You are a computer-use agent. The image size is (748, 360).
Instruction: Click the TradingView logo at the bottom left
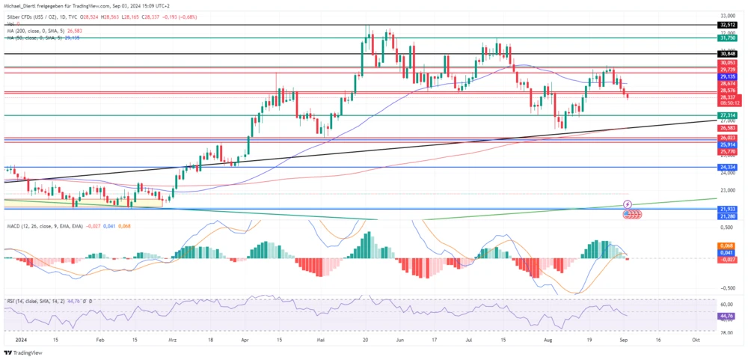[x=22, y=353]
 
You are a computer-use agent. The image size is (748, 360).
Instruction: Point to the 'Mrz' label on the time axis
[x=174, y=339]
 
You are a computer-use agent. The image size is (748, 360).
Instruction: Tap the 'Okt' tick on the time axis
[x=696, y=339]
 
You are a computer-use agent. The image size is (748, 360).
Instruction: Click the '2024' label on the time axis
[x=11, y=339]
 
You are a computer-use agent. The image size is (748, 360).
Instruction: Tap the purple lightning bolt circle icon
[x=628, y=204]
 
